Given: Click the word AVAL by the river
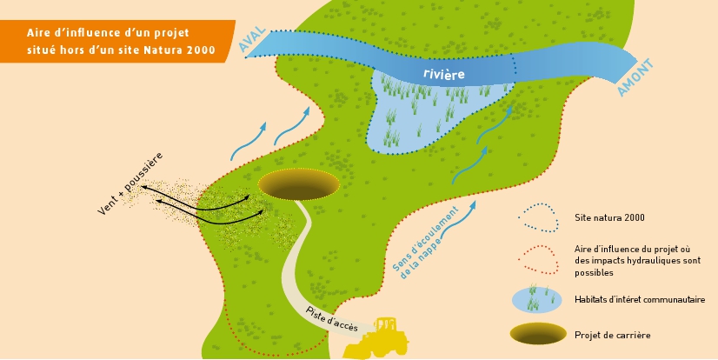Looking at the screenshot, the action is pos(252,39).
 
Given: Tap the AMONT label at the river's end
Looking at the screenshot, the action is pos(635,77).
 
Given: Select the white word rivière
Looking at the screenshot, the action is pos(443,74).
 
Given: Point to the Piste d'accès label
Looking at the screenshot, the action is pos(332,318).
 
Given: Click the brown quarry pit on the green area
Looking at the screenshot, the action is pos(298,184).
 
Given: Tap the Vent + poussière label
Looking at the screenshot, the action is pos(130,183).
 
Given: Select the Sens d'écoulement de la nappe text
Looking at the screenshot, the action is pos(426,243).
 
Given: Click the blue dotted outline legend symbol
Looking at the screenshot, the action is pos(539,217).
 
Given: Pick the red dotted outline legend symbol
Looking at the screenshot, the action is pos(539,260).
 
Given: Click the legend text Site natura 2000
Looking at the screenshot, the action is pos(609,217).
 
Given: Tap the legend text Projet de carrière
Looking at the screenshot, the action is pos(612,335).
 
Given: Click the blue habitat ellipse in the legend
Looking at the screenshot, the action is pos(536,299).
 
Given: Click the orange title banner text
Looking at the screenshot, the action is pos(121,41).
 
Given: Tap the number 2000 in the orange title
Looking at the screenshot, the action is pos(201,50).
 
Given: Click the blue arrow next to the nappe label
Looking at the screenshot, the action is pos(459,218).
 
